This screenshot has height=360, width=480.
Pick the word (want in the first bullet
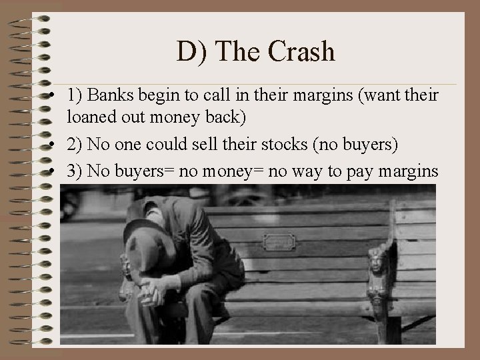[x=375, y=95]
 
